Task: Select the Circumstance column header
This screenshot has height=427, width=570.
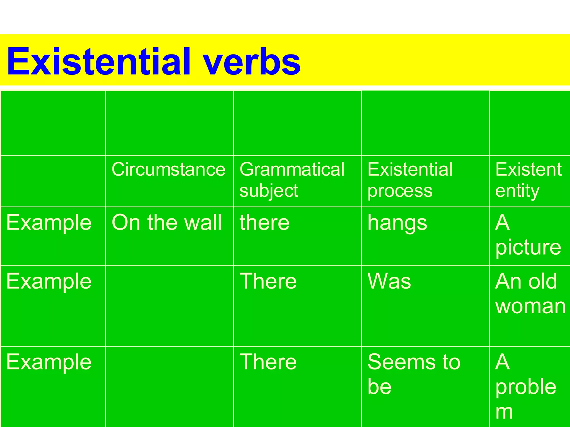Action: (x=168, y=169)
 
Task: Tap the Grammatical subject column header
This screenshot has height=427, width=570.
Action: (x=292, y=180)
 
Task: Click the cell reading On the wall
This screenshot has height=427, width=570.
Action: (x=166, y=223)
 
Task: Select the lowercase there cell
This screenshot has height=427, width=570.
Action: (x=264, y=223)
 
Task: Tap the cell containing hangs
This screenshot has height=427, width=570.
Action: (x=397, y=223)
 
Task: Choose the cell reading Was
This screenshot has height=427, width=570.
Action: (x=389, y=281)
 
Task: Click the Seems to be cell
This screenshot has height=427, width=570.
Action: (x=414, y=374)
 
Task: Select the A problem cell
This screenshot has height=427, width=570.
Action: (x=525, y=386)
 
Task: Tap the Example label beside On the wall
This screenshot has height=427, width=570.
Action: (x=49, y=223)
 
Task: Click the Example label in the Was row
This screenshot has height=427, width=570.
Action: (x=49, y=282)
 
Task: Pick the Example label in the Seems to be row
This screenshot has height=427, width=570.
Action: (x=49, y=362)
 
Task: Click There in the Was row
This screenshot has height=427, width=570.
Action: (x=268, y=281)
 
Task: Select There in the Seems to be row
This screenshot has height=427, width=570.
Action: (x=268, y=362)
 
